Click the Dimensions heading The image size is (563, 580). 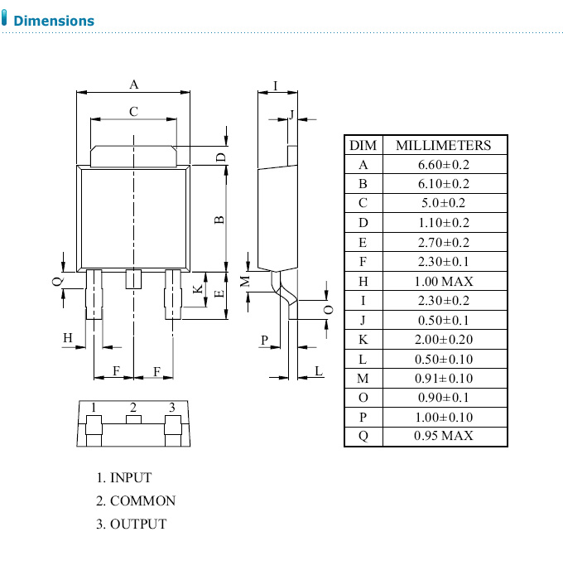pyautogui.click(x=54, y=21)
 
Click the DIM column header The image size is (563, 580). pyautogui.click(x=363, y=145)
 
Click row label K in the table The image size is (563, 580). pyautogui.click(x=363, y=339)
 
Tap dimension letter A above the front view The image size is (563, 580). pyautogui.click(x=133, y=84)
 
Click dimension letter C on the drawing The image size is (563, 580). pyautogui.click(x=133, y=111)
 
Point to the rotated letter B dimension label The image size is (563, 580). pyautogui.click(x=219, y=220)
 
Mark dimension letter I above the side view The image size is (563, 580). pyautogui.click(x=275, y=85)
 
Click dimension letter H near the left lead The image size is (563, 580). pyautogui.click(x=69, y=337)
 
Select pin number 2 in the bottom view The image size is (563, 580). pyautogui.click(x=132, y=407)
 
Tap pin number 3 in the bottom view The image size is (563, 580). pyautogui.click(x=172, y=407)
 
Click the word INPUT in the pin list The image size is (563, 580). pyautogui.click(x=131, y=478)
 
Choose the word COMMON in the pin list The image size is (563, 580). pyautogui.click(x=142, y=501)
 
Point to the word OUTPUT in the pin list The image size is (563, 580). pyautogui.click(x=138, y=524)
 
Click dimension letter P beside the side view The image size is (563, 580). pyautogui.click(x=265, y=340)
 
